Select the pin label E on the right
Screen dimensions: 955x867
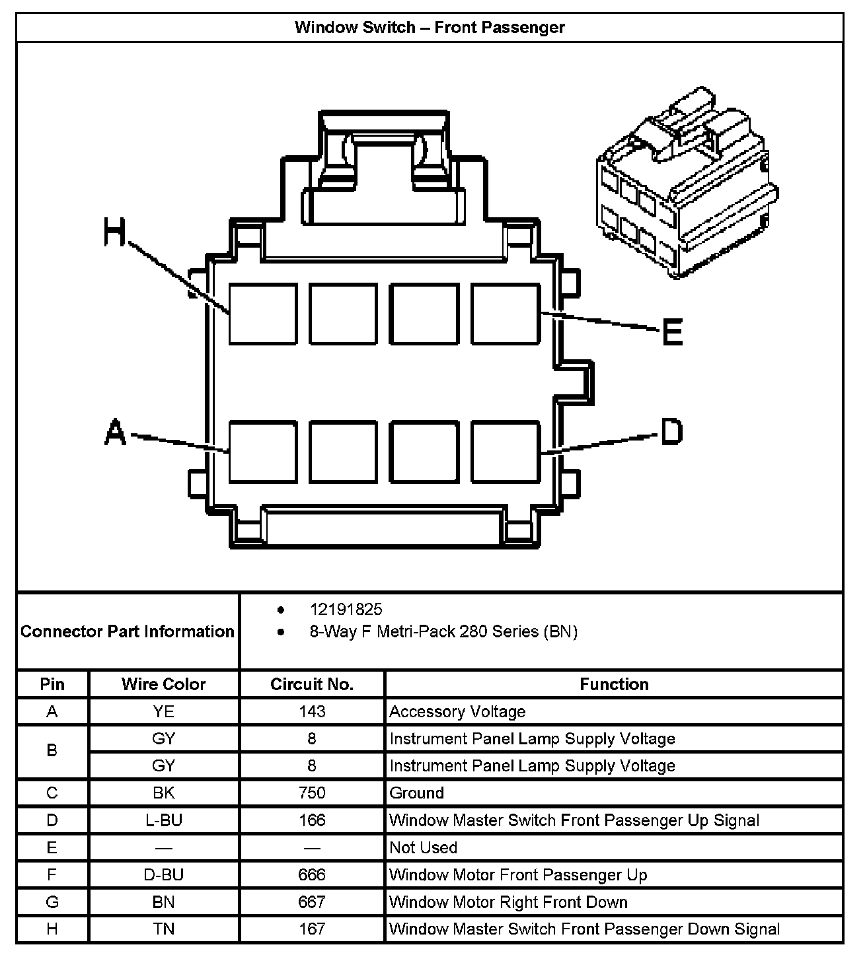point(672,332)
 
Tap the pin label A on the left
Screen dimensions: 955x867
point(115,433)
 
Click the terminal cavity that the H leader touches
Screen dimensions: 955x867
point(262,314)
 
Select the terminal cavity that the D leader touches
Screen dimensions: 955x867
point(506,452)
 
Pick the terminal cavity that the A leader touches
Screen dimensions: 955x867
point(262,452)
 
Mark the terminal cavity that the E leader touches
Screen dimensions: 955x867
point(506,314)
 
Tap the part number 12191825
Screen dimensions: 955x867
point(346,610)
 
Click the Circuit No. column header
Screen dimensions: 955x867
point(312,684)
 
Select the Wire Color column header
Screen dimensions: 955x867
point(163,684)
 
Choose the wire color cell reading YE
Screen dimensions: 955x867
point(163,712)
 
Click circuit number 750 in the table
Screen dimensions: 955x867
point(312,793)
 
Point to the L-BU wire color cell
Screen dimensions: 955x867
point(163,820)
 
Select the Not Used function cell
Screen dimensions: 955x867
point(423,847)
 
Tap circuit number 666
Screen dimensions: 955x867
point(312,875)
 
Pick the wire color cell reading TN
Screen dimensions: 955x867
point(163,929)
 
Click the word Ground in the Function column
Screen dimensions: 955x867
point(416,793)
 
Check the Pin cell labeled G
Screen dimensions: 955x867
point(52,902)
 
